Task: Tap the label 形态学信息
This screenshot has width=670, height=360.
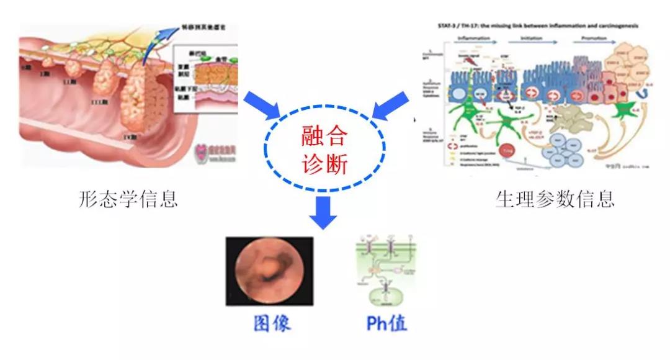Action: pos(128,199)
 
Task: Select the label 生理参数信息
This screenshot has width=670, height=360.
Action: pos(555,199)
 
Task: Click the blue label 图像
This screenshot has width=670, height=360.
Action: pos(272,323)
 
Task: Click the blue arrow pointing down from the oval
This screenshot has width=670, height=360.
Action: pos(323,212)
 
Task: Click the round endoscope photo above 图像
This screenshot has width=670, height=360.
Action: pos(269,273)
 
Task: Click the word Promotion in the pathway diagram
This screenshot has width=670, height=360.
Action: pos(590,38)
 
